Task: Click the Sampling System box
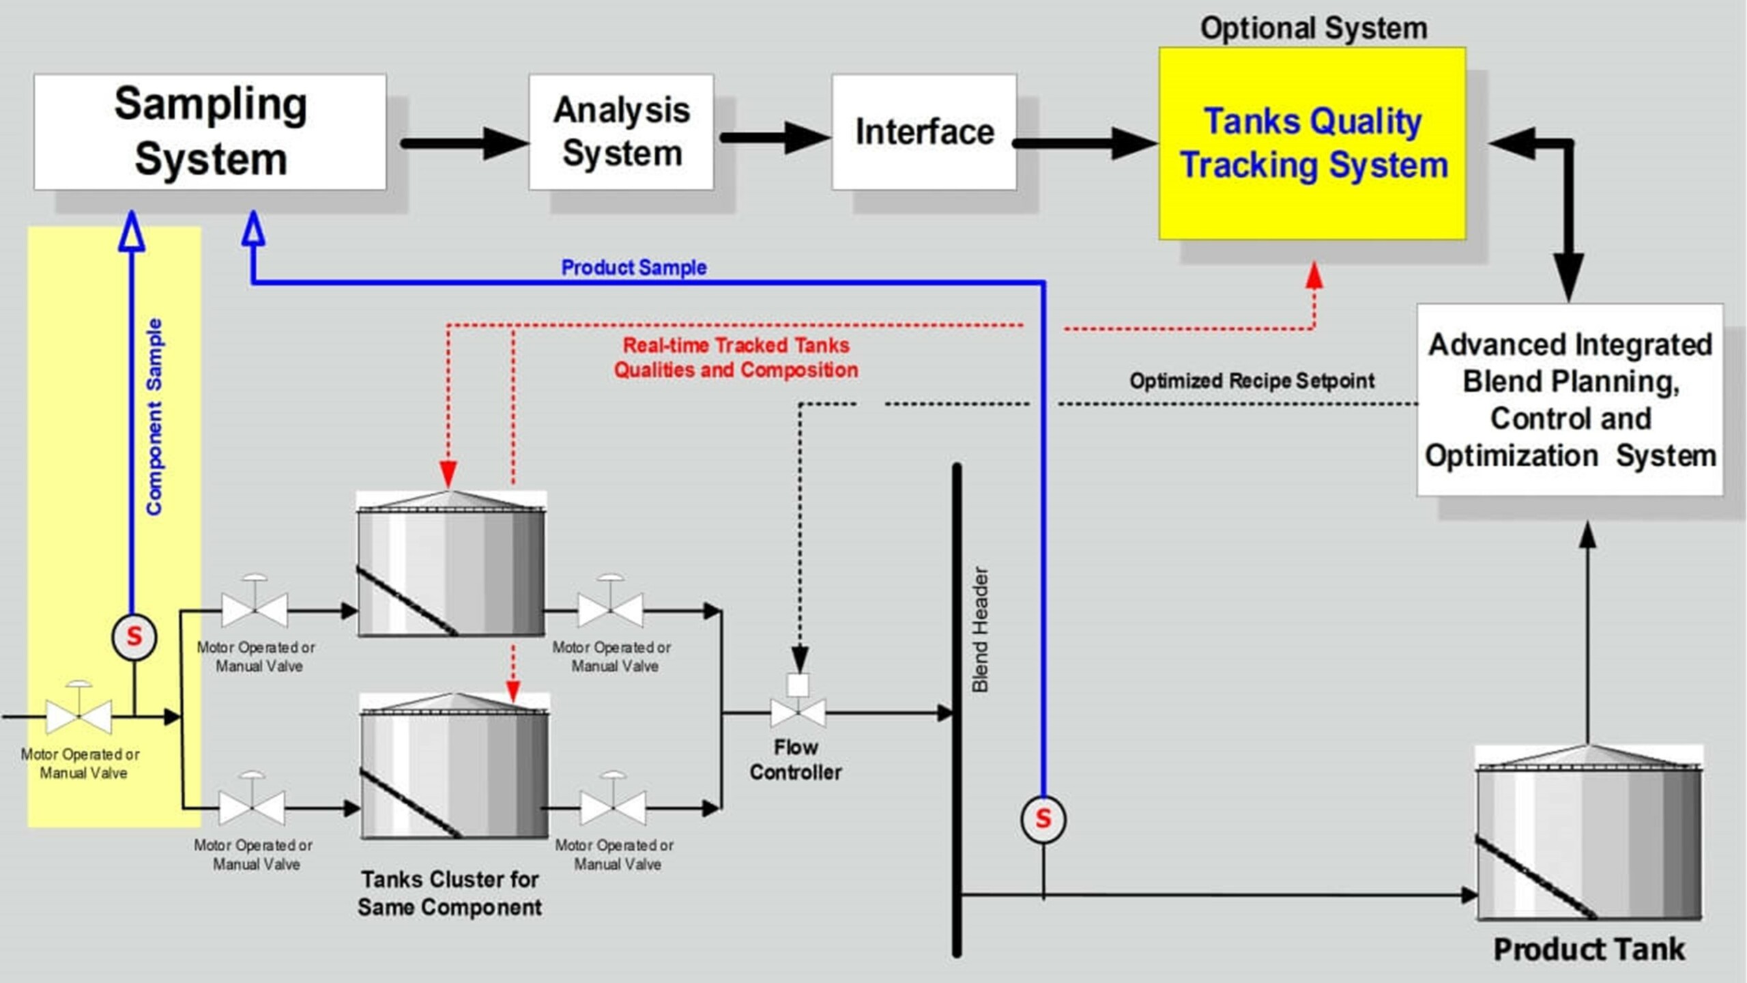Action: tap(210, 132)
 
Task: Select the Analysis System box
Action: tap(621, 132)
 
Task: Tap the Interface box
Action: tap(924, 132)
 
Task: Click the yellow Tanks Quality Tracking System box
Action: tap(1312, 143)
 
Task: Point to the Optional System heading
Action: tap(1313, 29)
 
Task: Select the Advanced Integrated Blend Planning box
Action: tap(1570, 400)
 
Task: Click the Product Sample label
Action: tap(633, 268)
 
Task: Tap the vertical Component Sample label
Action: tap(155, 416)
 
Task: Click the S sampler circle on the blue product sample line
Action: tap(1043, 818)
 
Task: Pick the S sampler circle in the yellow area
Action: tap(134, 637)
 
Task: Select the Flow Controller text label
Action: tap(796, 760)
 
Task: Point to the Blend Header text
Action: tap(980, 629)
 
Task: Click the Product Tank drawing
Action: tap(1589, 836)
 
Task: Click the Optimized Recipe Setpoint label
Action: tap(1252, 381)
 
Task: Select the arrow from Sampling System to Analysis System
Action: tap(464, 143)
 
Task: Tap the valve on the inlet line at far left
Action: tap(79, 715)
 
